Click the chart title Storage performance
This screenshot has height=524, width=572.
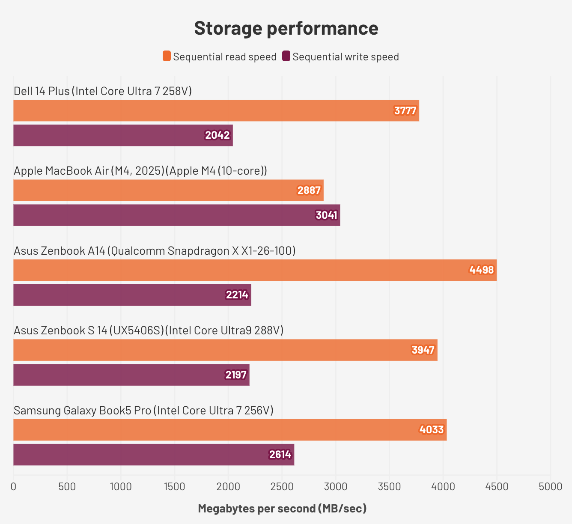(x=286, y=28)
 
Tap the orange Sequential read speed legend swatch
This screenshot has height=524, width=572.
(x=167, y=56)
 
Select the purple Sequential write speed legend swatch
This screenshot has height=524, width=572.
(x=286, y=56)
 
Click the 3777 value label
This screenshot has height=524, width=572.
(x=405, y=111)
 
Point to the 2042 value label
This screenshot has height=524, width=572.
(x=217, y=135)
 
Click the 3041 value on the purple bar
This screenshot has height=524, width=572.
(x=327, y=215)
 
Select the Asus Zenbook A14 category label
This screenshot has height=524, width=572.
(x=155, y=250)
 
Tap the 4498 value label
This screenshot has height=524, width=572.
(x=482, y=270)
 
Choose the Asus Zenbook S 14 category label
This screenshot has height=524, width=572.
(x=149, y=330)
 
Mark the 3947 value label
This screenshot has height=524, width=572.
(x=423, y=350)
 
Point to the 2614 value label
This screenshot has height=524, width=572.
(x=280, y=455)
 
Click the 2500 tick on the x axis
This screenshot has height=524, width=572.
(x=282, y=486)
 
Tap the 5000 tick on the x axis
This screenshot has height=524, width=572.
(x=550, y=486)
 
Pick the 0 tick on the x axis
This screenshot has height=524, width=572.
(x=14, y=486)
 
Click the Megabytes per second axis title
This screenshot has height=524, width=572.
(x=282, y=509)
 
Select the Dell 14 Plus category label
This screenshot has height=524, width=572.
(x=103, y=91)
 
